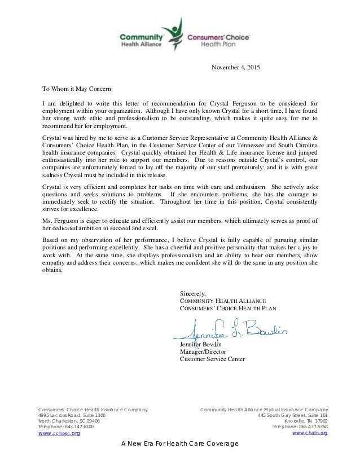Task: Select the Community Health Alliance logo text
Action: point(141,38)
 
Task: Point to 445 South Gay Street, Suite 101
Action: point(290,415)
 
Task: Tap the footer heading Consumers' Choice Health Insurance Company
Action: point(93,408)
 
